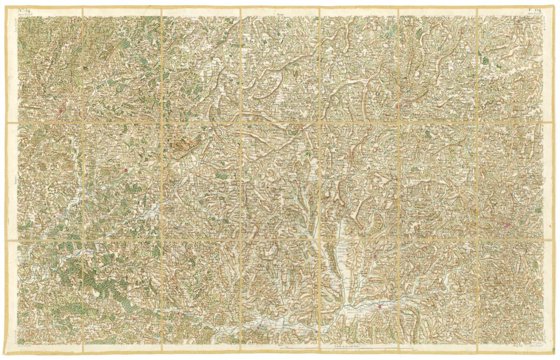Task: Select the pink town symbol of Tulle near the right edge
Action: coord(506,226)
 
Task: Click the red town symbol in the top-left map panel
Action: coord(61,111)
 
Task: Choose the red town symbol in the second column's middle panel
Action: coord(126,171)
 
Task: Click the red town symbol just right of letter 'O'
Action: coord(397,106)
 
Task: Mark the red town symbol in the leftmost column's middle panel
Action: coord(56,216)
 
